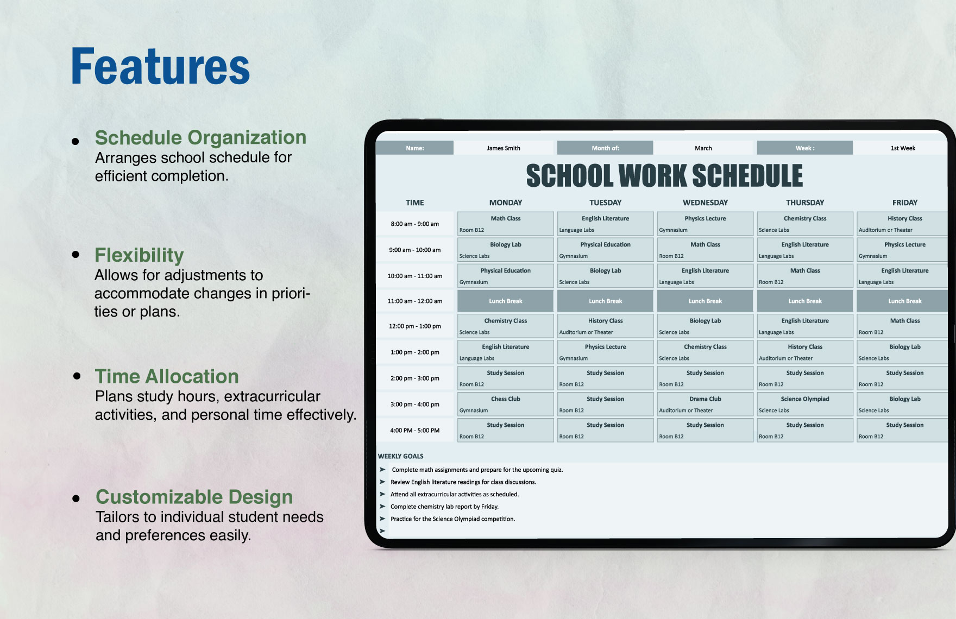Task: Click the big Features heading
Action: coord(160,67)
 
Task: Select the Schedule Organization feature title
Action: coord(200,137)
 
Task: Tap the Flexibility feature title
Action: coord(139,255)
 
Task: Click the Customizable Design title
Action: coord(194,497)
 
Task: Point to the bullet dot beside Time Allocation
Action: coord(77,376)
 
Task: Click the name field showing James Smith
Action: coord(503,148)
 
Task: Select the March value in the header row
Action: coord(703,148)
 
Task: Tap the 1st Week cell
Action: coord(902,148)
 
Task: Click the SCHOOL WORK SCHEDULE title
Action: coord(664,176)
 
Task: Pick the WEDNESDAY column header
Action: coord(705,203)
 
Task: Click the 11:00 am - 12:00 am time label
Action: coord(414,301)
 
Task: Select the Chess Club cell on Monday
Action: coord(505,404)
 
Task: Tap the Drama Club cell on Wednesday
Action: coord(705,404)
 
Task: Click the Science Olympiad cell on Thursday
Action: coord(804,404)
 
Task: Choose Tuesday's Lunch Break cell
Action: coord(605,301)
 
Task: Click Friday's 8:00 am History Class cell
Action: coord(904,223)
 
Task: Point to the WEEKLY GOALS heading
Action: coord(400,456)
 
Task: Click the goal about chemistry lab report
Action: coord(444,507)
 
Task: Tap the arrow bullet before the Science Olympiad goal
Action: coord(382,519)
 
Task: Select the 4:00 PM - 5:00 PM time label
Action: coord(414,430)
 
